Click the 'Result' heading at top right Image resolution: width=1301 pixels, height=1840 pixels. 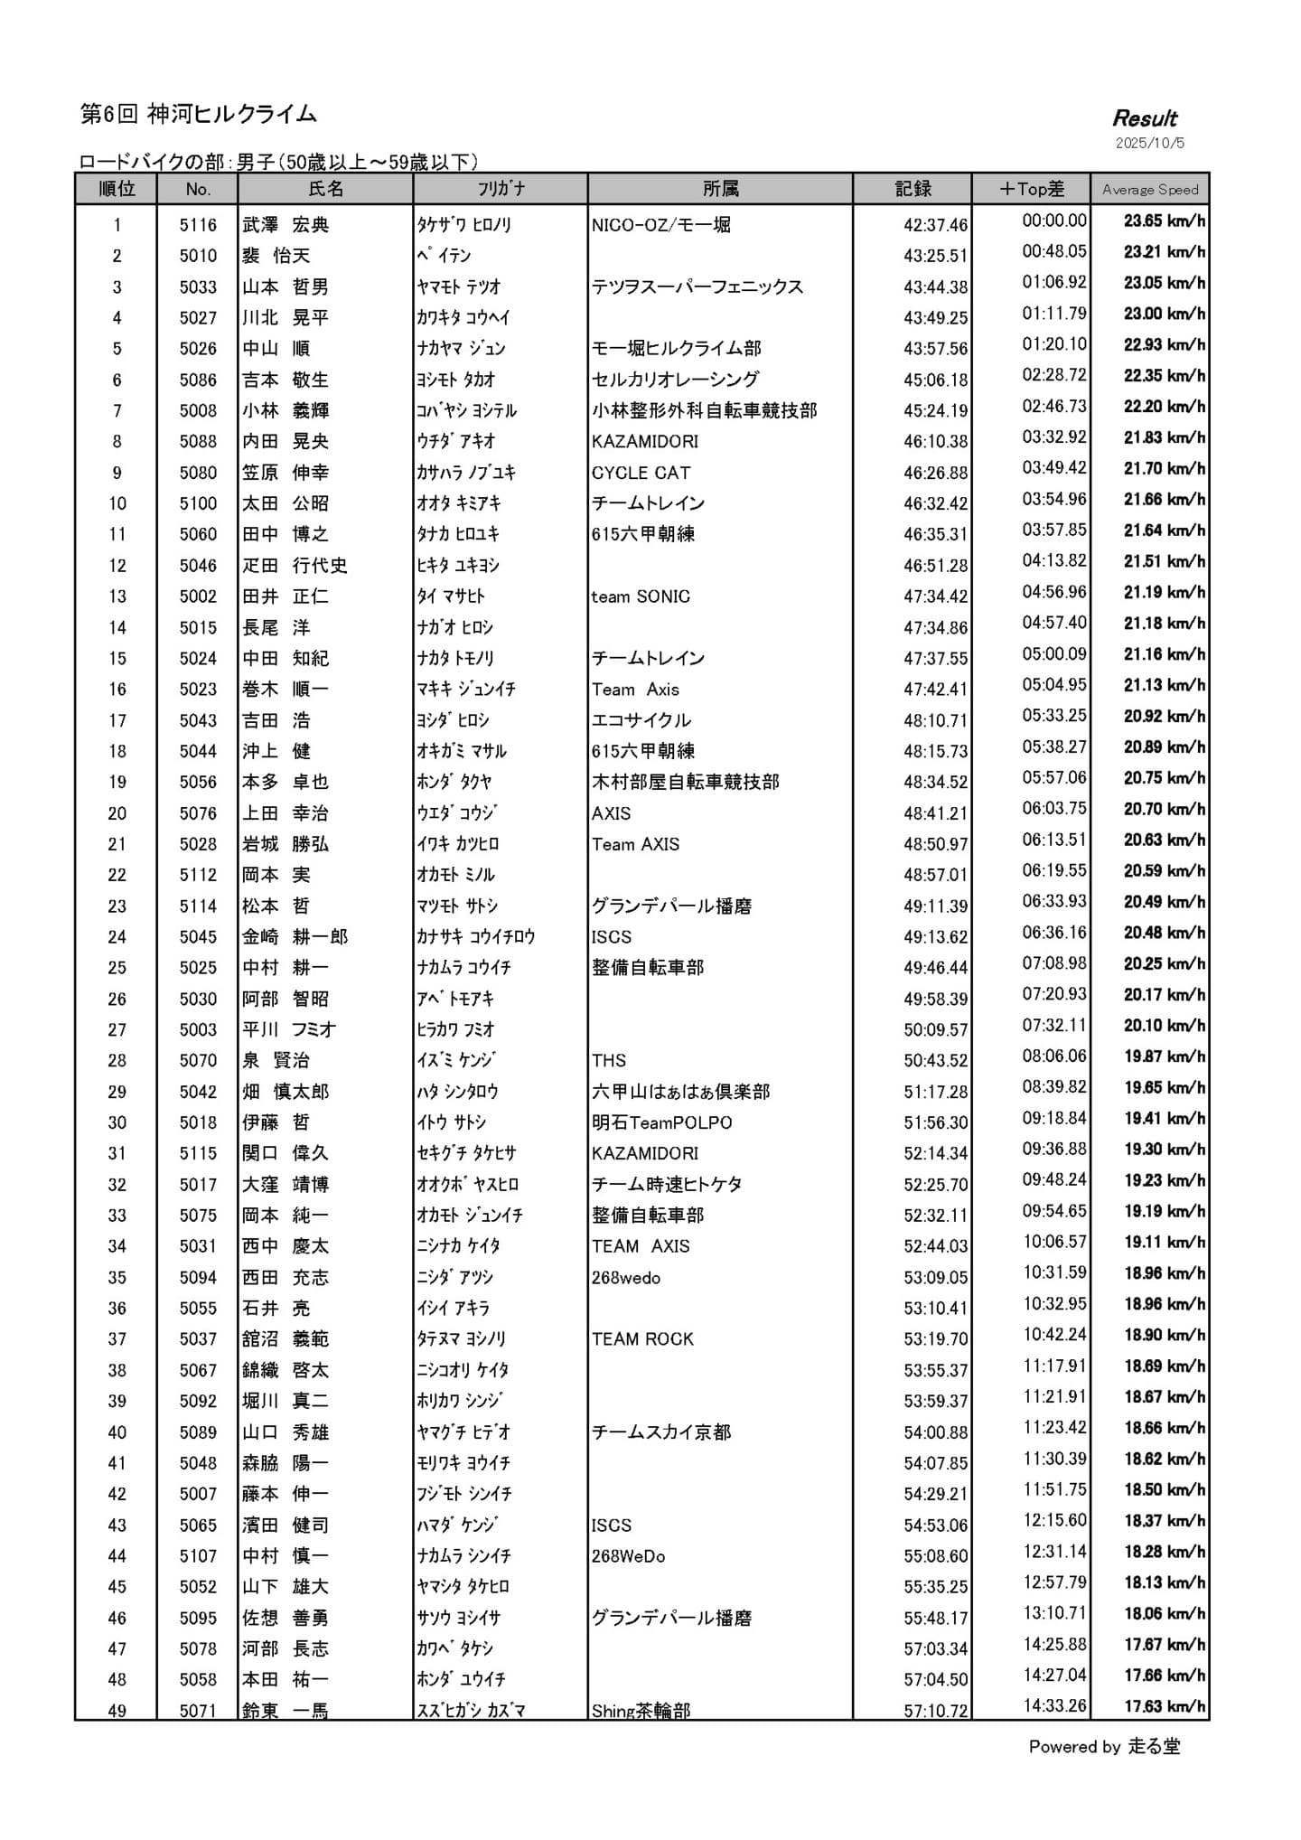pyautogui.click(x=1145, y=118)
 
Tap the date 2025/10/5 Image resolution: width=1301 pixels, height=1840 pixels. pyautogui.click(x=1149, y=143)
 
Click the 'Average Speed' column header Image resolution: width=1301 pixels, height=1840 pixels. pyautogui.click(x=1149, y=190)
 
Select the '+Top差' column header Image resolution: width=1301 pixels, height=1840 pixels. pyautogui.click(x=1031, y=189)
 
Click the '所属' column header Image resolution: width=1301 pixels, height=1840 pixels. pyautogui.click(x=720, y=189)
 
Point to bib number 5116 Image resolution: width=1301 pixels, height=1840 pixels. pyautogui.click(x=198, y=225)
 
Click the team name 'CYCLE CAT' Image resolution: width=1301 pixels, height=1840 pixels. pyautogui.click(x=641, y=473)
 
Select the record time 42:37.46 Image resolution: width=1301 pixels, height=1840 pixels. pyautogui.click(x=935, y=225)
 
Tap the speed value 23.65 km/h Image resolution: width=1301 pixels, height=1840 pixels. pyautogui.click(x=1164, y=221)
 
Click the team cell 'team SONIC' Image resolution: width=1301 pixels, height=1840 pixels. pyautogui.click(x=641, y=596)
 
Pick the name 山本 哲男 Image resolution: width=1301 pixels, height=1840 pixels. pyautogui.click(x=285, y=287)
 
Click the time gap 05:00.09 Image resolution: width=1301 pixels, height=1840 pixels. pyautogui.click(x=1054, y=653)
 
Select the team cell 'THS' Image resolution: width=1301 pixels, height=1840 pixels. pyautogui.click(x=609, y=1060)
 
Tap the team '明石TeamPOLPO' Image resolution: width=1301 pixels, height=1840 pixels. pyautogui.click(x=661, y=1122)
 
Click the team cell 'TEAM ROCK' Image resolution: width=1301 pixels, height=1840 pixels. pyautogui.click(x=642, y=1339)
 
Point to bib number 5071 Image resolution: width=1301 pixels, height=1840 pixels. pyautogui.click(x=198, y=1710)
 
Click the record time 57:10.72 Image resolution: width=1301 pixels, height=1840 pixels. pyautogui.click(x=935, y=1710)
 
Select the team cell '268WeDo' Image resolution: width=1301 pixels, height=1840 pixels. pyautogui.click(x=628, y=1556)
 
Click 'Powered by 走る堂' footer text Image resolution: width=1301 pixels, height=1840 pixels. pyautogui.click(x=1104, y=1747)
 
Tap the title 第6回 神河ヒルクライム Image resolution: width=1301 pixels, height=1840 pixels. pyautogui.click(x=199, y=114)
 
